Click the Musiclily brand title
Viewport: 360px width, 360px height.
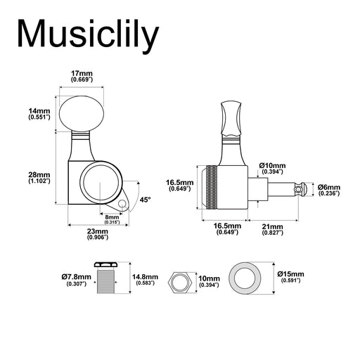pos(88,34)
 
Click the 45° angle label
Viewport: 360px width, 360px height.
pos(146,200)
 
